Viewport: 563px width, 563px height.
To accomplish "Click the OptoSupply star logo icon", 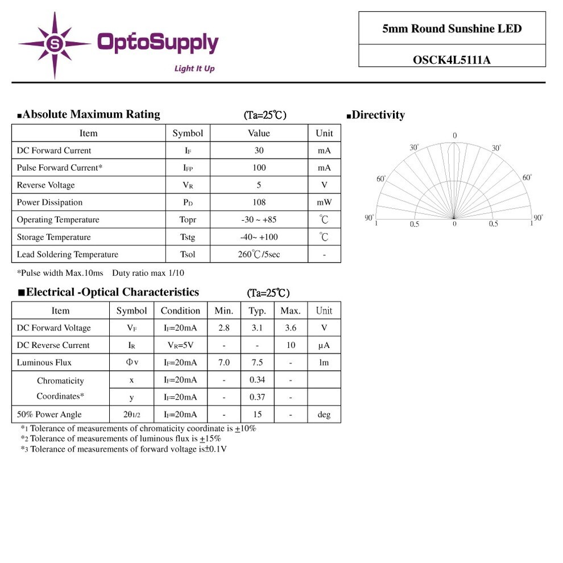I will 55,44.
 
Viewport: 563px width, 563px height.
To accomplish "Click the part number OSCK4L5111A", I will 452,59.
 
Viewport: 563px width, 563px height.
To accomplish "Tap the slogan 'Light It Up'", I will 194,69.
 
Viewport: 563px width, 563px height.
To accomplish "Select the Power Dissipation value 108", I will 259,202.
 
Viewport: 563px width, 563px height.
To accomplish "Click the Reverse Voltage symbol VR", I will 188,185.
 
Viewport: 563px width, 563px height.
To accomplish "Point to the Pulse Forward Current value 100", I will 259,168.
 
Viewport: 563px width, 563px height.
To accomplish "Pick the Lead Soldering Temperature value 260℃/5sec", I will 259,254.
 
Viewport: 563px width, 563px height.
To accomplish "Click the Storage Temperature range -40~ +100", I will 259,237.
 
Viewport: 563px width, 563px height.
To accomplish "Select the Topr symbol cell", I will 188,220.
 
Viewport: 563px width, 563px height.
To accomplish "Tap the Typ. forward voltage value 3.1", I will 257,328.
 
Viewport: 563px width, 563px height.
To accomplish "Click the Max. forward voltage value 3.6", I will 291,328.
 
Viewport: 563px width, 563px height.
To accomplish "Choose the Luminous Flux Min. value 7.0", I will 224,363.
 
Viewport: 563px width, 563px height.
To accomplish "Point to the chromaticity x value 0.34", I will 257,380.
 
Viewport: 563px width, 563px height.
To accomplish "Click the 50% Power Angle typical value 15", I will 257,415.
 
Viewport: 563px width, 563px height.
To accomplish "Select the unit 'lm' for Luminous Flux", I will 324,363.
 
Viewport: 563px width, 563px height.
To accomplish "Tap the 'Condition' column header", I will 180,311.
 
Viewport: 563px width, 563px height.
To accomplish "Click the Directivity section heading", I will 376,115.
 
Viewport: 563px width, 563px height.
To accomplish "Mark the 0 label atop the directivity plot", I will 454,135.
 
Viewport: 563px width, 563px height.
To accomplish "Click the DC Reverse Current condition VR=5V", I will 180,345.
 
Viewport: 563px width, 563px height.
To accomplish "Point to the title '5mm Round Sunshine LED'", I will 452,28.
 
